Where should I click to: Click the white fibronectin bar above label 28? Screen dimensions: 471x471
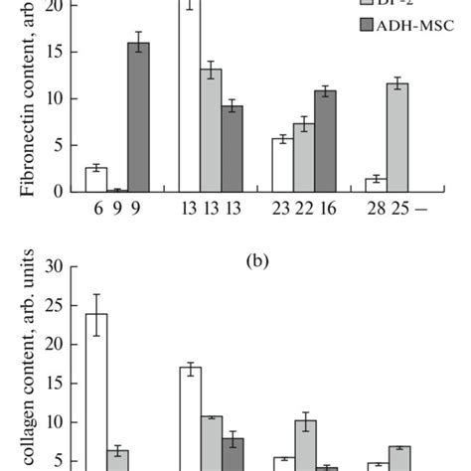[x=375, y=185]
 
